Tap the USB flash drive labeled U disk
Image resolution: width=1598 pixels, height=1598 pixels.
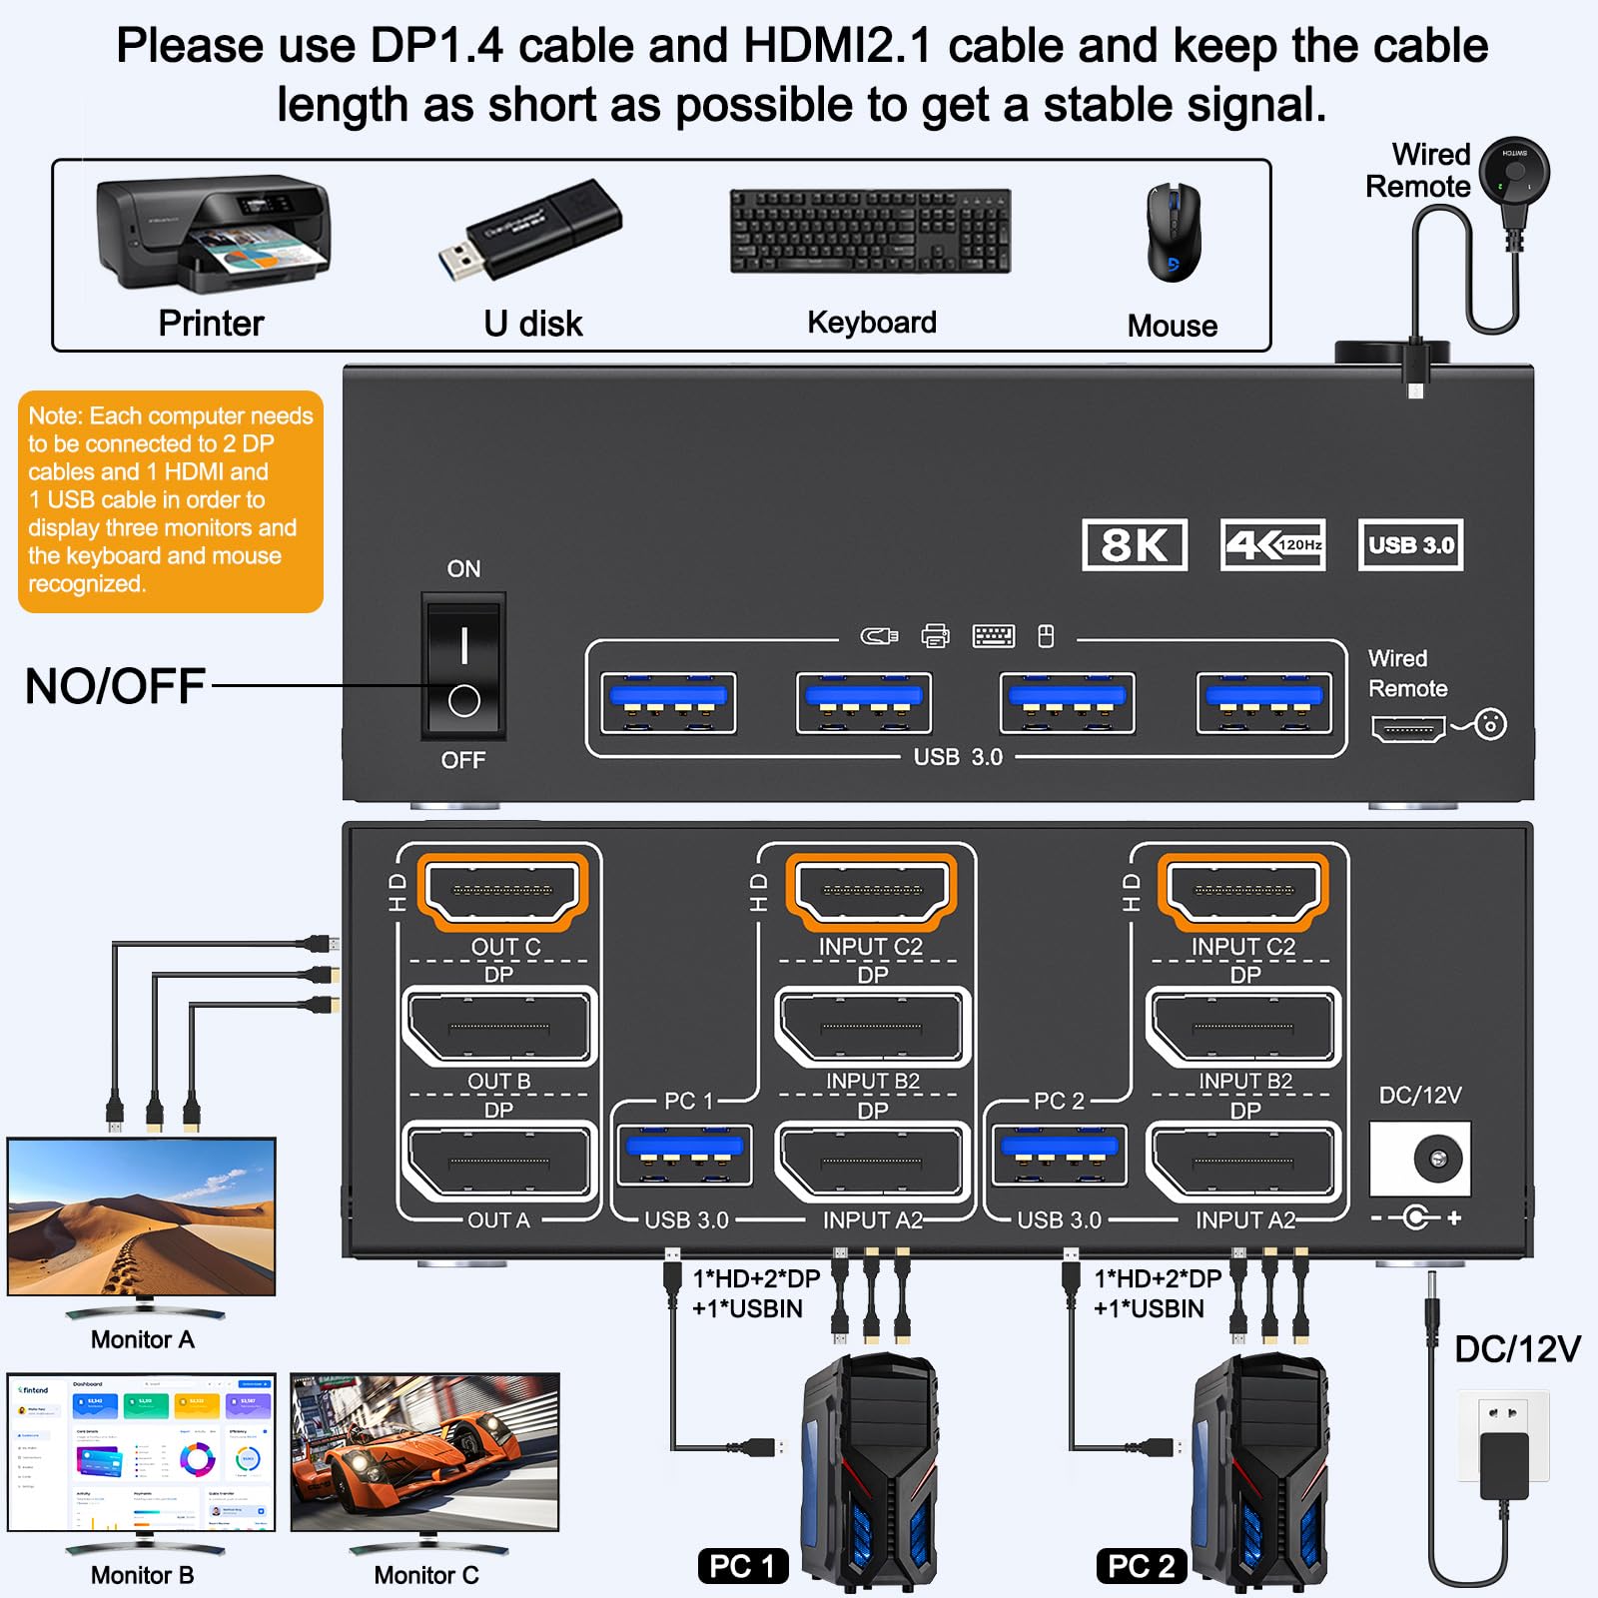[x=530, y=231]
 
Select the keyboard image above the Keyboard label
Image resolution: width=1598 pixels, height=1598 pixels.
[x=870, y=231]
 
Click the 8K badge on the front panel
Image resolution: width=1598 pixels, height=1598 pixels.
[x=1134, y=545]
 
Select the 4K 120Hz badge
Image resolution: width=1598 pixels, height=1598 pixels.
[x=1272, y=545]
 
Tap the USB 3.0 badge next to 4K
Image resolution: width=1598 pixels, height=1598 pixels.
[x=1410, y=545]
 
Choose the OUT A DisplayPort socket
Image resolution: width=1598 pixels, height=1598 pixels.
[x=498, y=1162]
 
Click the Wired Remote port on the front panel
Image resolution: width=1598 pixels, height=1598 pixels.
[x=1408, y=729]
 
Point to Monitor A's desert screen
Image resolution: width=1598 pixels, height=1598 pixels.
[x=142, y=1216]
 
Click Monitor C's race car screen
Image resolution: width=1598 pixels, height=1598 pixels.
[x=425, y=1451]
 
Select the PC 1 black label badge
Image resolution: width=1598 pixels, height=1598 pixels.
[x=742, y=1566]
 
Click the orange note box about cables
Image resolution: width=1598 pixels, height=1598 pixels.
[x=171, y=500]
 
